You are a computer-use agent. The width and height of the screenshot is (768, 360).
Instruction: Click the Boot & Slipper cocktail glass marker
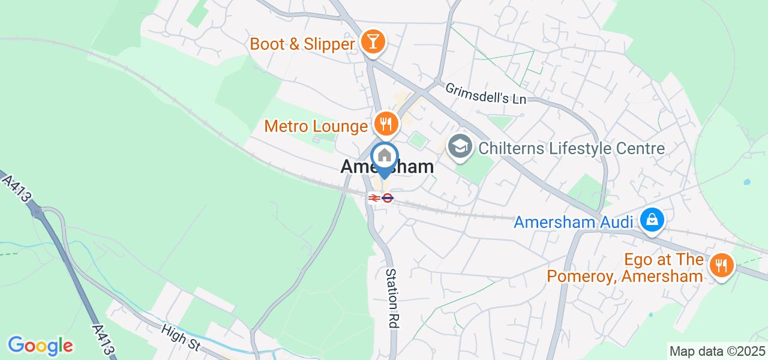pyautogui.click(x=373, y=42)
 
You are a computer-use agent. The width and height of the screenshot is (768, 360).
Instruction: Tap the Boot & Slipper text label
pyautogui.click(x=302, y=44)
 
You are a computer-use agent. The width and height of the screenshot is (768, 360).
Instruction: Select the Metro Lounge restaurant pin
pyautogui.click(x=384, y=124)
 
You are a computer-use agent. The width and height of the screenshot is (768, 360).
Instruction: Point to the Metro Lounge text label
pyautogui.click(x=316, y=127)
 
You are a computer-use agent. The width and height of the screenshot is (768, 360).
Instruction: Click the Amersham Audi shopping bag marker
pyautogui.click(x=652, y=221)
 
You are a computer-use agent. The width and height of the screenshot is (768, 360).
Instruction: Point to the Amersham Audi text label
pyautogui.click(x=574, y=223)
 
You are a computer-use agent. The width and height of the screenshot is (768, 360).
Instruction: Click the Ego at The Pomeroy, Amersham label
pyautogui.click(x=625, y=268)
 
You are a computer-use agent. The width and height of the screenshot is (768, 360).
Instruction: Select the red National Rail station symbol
pyautogui.click(x=374, y=197)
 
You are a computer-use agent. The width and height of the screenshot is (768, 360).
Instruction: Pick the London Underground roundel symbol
pyautogui.click(x=388, y=197)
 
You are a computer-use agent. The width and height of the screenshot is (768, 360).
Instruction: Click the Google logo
pyautogui.click(x=40, y=346)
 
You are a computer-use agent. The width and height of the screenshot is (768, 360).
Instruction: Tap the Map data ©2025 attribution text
pyautogui.click(x=717, y=352)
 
